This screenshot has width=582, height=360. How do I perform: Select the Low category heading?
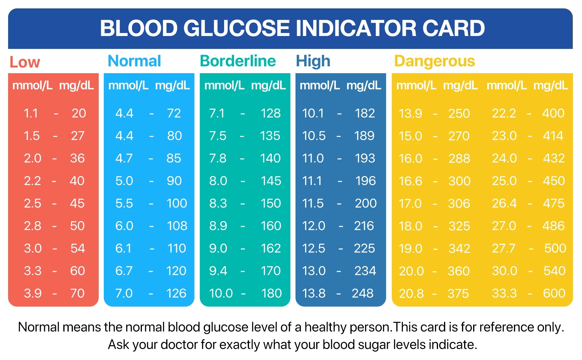coord(25,62)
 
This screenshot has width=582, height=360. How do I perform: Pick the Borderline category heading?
coord(238,61)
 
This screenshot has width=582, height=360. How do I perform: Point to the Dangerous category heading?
coord(434,61)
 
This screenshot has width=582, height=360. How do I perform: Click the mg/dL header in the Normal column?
coord(172,85)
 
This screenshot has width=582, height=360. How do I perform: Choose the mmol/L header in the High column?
coord(320,85)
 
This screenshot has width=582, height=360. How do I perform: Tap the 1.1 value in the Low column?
coord(31,113)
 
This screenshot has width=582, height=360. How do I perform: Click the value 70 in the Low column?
coord(77,293)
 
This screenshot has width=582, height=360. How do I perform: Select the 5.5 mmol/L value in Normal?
coord(124,203)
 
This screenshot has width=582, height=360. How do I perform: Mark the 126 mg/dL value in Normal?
coord(176,293)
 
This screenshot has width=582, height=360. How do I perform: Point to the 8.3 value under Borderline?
coord(218,203)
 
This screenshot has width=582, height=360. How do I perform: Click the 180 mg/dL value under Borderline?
coord(271,293)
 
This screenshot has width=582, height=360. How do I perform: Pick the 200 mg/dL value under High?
coord(365,203)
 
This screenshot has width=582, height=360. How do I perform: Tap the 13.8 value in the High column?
coord(313,293)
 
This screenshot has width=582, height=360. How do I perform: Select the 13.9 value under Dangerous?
coord(410,113)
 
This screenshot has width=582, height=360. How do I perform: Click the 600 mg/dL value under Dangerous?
coord(554,293)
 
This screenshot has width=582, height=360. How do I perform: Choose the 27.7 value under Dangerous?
coord(503,248)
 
